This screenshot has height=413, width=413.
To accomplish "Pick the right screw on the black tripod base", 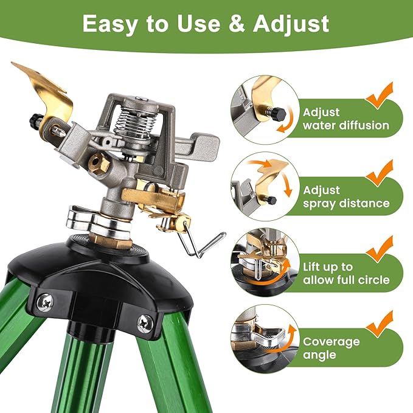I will [144, 322].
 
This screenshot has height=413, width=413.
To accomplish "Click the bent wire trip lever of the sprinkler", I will [203, 243].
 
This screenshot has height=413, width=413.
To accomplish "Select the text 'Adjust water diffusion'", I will [345, 119].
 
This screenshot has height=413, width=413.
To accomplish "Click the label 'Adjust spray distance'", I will [345, 197].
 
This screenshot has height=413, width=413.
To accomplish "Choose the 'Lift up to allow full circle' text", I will [345, 274].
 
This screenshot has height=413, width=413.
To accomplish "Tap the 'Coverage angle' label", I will [331, 349].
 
